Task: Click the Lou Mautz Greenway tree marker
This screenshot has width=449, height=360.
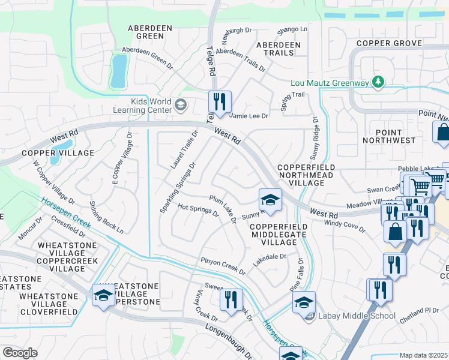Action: pos(378,82)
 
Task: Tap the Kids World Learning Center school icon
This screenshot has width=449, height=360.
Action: pos(179,106)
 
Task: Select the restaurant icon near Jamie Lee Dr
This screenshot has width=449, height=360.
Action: pos(220,102)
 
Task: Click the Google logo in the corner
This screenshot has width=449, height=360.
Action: pos(20,353)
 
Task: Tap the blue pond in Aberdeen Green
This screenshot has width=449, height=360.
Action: pos(118,70)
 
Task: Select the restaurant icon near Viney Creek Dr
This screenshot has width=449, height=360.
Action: pos(231,299)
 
